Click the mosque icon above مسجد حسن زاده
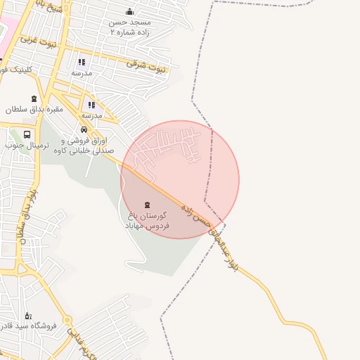coord(129,11)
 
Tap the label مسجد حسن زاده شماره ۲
coord(130,27)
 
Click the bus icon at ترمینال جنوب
coord(27,134)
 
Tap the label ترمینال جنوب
coord(25,146)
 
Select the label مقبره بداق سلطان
coord(35,109)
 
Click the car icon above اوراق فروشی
coord(84,129)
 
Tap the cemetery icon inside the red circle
coord(146,205)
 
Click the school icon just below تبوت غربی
coord(82,62)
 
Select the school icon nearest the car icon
coord(92,105)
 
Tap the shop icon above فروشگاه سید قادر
coord(27,316)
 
